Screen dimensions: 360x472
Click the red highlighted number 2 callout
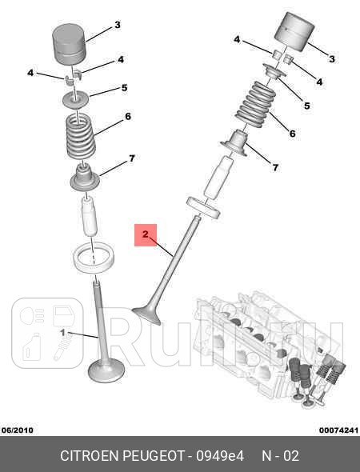(146, 234)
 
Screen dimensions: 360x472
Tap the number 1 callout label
(62, 333)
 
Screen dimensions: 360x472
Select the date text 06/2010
(18, 430)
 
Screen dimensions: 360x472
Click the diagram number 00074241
(339, 430)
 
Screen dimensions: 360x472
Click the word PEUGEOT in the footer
(154, 456)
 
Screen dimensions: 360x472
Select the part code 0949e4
(220, 456)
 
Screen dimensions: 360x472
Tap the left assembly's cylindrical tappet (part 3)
(70, 44)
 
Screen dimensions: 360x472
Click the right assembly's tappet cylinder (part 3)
(294, 31)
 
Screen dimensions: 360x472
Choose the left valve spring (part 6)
(81, 136)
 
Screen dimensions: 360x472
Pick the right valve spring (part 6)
(256, 104)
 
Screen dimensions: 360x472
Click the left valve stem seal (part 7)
(85, 178)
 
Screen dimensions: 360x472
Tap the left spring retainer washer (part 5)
(75, 100)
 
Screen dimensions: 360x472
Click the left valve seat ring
(94, 258)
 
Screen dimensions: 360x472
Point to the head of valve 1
(106, 370)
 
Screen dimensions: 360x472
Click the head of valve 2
(147, 315)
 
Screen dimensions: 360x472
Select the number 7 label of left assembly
(132, 158)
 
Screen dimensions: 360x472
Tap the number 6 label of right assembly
(292, 133)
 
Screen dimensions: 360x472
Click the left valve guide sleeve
(89, 215)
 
